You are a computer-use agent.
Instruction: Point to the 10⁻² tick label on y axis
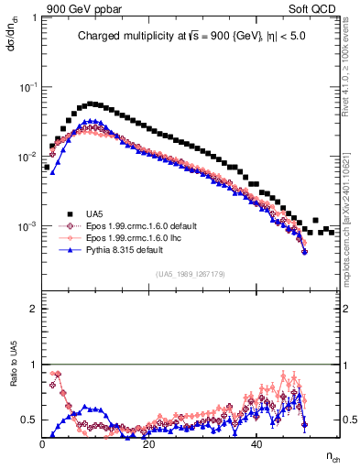pos(29,157)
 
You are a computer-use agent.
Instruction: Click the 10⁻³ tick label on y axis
pos(29,226)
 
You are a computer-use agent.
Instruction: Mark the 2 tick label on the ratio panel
pos(33,309)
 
